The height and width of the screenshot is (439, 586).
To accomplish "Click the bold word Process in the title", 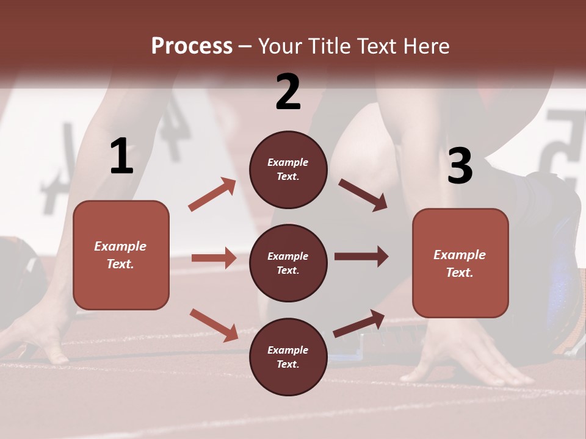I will click(x=192, y=46).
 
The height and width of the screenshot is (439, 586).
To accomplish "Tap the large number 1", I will click(x=121, y=156).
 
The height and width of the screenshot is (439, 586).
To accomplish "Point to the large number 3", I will click(x=460, y=166).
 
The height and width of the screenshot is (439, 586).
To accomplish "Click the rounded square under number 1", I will click(x=121, y=255).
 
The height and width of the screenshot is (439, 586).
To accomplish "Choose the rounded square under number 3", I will click(x=460, y=263).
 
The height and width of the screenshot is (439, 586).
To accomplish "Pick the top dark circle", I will click(x=288, y=170).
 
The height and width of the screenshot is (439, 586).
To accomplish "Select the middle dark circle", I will click(x=288, y=263).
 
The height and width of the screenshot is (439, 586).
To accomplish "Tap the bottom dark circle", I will click(x=288, y=357).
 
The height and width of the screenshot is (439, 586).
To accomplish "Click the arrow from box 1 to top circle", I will click(x=212, y=194).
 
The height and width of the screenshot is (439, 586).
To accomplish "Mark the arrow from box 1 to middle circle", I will click(x=214, y=258).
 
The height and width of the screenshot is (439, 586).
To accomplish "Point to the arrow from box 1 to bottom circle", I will click(x=214, y=324).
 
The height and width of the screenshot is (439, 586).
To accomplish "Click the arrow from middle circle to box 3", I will click(x=361, y=256).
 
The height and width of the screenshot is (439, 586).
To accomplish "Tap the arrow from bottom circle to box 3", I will click(x=359, y=323).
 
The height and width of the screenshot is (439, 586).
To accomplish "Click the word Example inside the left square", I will click(x=120, y=246).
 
